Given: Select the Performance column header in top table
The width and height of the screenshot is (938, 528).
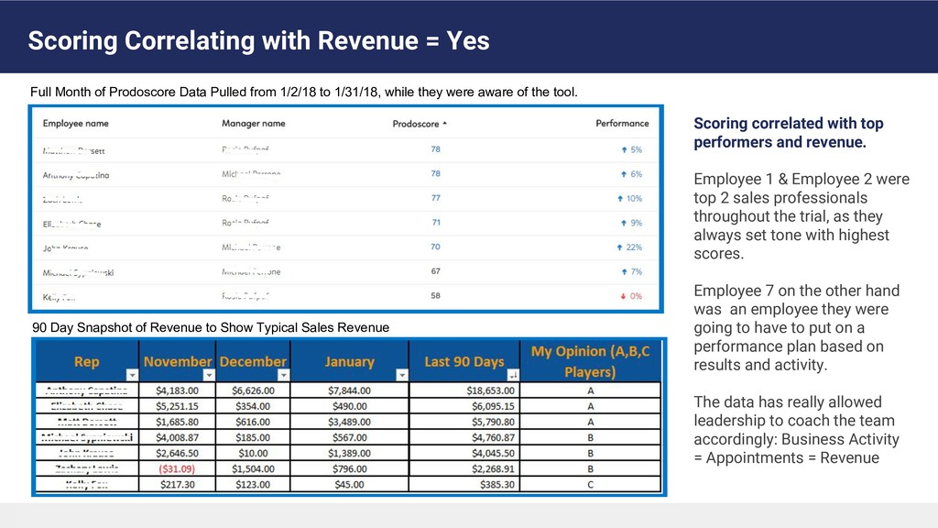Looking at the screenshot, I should tap(622, 123).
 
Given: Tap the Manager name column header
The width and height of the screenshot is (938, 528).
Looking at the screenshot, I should tap(253, 123).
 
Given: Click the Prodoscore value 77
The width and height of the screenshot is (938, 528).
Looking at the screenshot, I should tap(435, 198).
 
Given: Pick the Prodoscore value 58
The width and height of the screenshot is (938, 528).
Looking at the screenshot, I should tap(435, 296).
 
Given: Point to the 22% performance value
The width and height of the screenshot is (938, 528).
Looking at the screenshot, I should tap(634, 247).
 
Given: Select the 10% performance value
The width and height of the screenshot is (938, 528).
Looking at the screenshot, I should tap(634, 198).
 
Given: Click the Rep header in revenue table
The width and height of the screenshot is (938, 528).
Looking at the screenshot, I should tap(86, 361).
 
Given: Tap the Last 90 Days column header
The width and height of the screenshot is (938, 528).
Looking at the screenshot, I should tap(464, 361).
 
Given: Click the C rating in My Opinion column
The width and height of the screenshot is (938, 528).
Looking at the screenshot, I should tap(591, 484).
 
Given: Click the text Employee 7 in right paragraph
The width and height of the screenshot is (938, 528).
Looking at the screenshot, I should tap(731, 291).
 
